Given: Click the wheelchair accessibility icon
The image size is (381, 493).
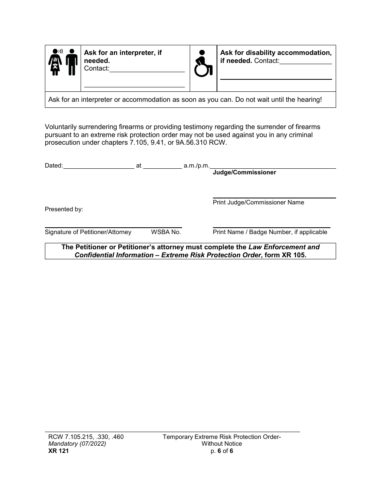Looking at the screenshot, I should pyautogui.click(x=203, y=63).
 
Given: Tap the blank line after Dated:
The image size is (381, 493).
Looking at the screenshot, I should pyautogui.click(x=99, y=165).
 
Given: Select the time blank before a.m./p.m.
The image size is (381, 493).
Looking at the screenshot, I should pyautogui.click(x=162, y=165).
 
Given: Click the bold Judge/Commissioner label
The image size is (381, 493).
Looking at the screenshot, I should pyautogui.click(x=244, y=172).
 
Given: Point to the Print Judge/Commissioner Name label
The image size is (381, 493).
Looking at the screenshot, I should pyautogui.click(x=258, y=202).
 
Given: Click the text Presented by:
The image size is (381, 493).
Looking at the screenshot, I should pyautogui.click(x=64, y=209).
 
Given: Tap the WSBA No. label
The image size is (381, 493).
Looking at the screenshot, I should pyautogui.click(x=166, y=232).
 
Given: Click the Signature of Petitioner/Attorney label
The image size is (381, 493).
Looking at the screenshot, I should pyautogui.click(x=88, y=232).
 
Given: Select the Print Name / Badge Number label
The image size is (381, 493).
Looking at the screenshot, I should pyautogui.click(x=270, y=232).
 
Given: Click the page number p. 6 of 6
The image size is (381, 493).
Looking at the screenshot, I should pyautogui.click(x=222, y=451).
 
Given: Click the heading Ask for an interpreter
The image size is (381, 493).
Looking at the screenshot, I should pyautogui.click(x=123, y=53).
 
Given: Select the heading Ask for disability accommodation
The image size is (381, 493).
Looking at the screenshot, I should pyautogui.click(x=276, y=53).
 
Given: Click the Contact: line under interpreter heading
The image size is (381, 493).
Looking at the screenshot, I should pyautogui.click(x=146, y=69).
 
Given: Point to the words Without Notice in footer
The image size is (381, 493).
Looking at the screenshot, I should pyautogui.click(x=222, y=444).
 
